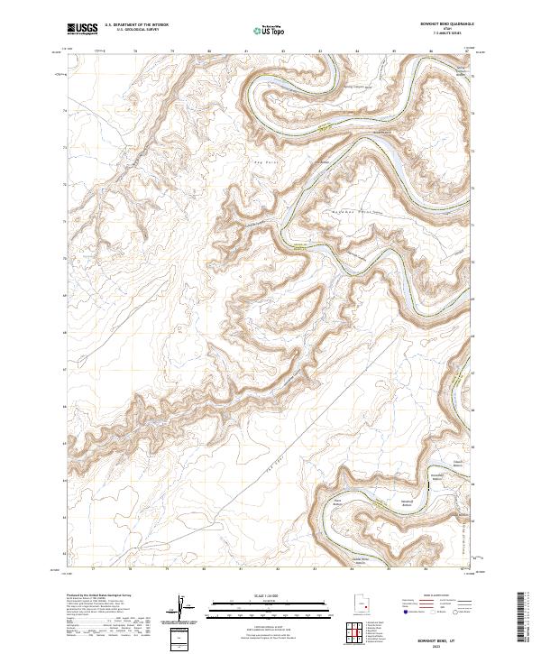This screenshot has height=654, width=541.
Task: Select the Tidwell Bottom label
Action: click(457, 467)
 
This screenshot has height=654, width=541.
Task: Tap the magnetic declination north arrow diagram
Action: click(183, 607)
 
